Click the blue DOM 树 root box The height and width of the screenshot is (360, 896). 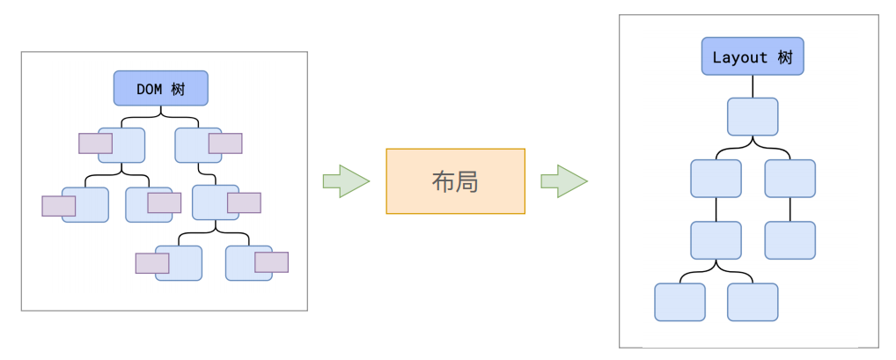coord(160,88)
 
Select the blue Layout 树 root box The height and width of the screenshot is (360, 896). coord(753,57)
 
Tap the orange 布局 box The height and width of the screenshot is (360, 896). coord(455,181)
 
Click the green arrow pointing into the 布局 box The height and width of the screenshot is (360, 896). coord(345,181)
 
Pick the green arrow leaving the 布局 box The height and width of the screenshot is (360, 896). coord(563,181)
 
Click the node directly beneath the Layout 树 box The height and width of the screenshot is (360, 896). coord(753,116)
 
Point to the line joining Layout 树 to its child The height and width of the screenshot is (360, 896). coord(753,86)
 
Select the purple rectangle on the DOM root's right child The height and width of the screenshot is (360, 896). coord(224,143)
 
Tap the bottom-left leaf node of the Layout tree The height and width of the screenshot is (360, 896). coord(679,302)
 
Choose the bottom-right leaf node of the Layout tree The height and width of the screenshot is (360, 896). coord(753,302)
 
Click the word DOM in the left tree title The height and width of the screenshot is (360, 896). coord(150,88)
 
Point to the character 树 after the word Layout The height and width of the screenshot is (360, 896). coord(784,57)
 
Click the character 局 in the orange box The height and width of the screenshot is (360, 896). coord(467,181)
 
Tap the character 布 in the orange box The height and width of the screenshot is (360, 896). coord(443,181)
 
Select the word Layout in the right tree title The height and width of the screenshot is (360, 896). coord(740,57)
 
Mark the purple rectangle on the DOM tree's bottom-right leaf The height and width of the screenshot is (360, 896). coord(271,262)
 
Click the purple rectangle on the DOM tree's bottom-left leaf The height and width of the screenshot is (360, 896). coord(151,262)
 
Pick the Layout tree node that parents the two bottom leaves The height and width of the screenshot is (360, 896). coord(716,239)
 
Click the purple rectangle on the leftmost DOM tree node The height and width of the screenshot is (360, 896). coord(58,205)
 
